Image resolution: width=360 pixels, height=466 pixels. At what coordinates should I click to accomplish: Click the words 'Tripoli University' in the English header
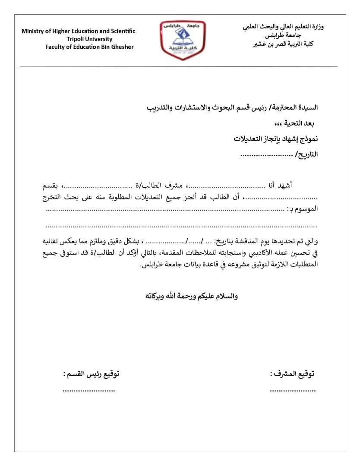90,39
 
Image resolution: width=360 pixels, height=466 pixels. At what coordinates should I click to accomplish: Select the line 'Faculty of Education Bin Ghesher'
90,47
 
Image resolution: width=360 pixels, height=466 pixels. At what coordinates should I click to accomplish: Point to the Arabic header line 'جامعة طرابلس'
283,35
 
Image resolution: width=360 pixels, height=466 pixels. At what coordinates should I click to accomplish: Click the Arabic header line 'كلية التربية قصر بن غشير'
283,44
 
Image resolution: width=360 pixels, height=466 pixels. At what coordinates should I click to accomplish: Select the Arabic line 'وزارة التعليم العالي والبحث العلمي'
283,27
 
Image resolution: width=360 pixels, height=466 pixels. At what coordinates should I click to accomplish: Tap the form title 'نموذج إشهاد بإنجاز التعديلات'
276,139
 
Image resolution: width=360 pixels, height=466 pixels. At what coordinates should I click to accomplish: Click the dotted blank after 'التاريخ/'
266,154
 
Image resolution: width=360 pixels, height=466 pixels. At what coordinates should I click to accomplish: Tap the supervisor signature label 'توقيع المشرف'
293,374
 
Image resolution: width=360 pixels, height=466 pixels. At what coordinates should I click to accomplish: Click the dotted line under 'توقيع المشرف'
293,390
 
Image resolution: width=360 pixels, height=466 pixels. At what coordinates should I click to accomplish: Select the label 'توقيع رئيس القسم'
91,374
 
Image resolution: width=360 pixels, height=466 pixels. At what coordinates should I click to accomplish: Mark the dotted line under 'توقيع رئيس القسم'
88,390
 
